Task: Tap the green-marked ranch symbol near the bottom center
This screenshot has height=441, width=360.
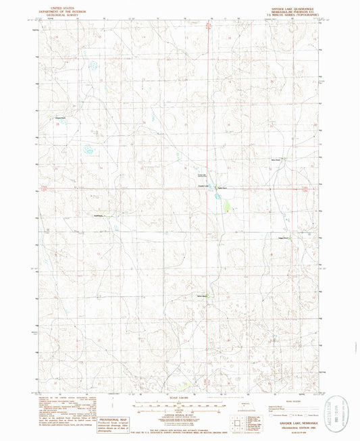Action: (206, 296)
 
